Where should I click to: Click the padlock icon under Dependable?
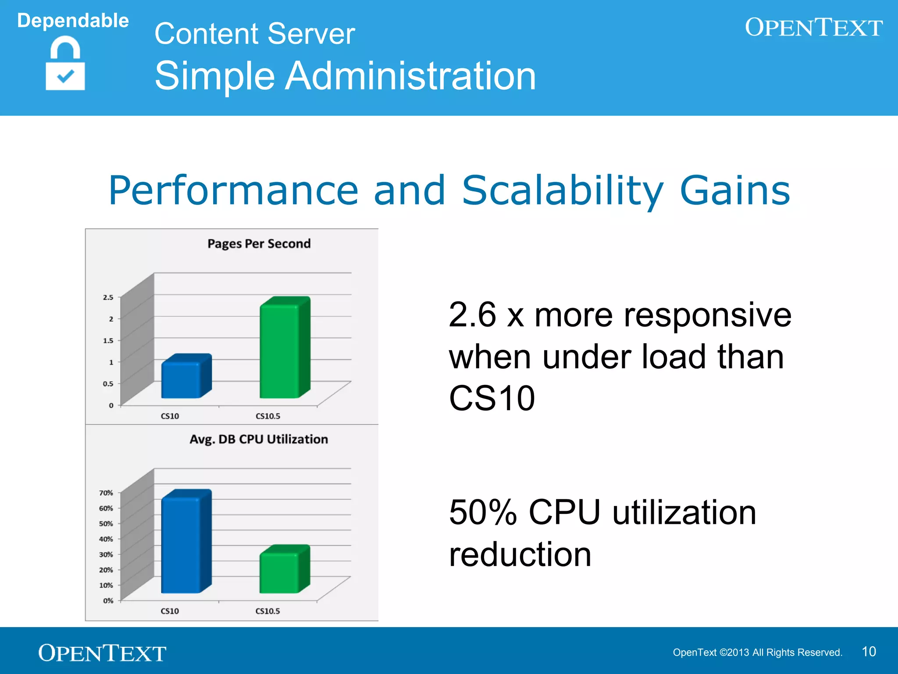pyautogui.click(x=65, y=64)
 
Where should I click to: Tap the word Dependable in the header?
pyautogui.click(x=73, y=21)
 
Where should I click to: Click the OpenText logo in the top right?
pyautogui.click(x=813, y=28)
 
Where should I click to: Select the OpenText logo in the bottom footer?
pyautogui.click(x=102, y=653)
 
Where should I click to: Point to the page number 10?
pyautogui.click(x=869, y=652)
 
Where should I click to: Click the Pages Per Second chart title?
pyautogui.click(x=259, y=244)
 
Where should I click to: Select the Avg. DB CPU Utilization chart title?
pyautogui.click(x=259, y=439)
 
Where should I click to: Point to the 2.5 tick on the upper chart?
pyautogui.click(x=108, y=298)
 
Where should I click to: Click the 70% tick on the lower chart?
pyautogui.click(x=106, y=493)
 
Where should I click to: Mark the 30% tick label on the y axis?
pyautogui.click(x=106, y=555)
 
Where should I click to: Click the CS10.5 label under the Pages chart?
pyautogui.click(x=267, y=416)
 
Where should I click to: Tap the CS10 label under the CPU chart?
pyautogui.click(x=170, y=611)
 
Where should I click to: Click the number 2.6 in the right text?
pyautogui.click(x=473, y=315)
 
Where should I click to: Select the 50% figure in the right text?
pyautogui.click(x=483, y=513)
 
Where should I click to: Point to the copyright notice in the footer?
pyautogui.click(x=757, y=652)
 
